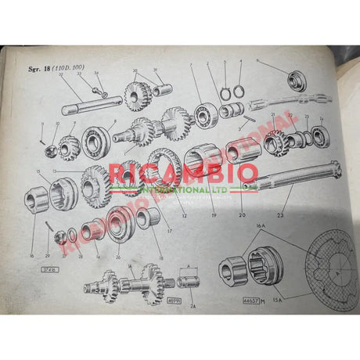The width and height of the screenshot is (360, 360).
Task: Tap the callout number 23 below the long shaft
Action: tap(279, 213)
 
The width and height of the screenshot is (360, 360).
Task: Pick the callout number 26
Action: tap(119, 255)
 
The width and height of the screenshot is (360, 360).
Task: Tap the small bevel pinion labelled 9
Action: tap(70, 144)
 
